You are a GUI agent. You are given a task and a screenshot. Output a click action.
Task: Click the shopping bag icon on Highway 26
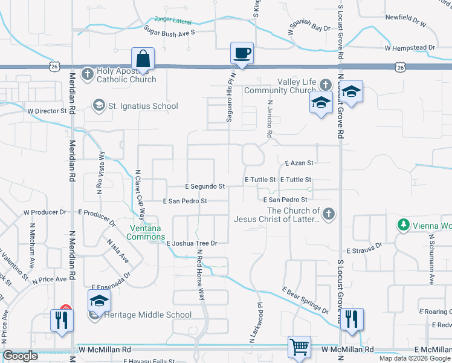click(x=143, y=59)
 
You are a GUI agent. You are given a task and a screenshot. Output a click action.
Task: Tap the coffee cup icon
click(x=242, y=53)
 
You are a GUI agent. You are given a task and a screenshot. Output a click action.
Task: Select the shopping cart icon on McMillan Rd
click(x=299, y=347)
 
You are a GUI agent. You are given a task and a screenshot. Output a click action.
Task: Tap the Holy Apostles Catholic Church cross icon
click(x=88, y=74)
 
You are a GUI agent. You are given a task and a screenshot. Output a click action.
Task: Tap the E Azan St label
click(x=299, y=163)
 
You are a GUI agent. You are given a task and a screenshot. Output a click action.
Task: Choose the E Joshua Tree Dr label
click(x=192, y=243)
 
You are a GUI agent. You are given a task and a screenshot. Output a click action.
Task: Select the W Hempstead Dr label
click(x=409, y=47)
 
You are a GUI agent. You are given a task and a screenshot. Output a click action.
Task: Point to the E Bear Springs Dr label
click(x=305, y=301)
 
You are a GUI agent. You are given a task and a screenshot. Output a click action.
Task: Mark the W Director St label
click(x=47, y=111)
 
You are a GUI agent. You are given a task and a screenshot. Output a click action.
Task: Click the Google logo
click(x=20, y=356)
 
